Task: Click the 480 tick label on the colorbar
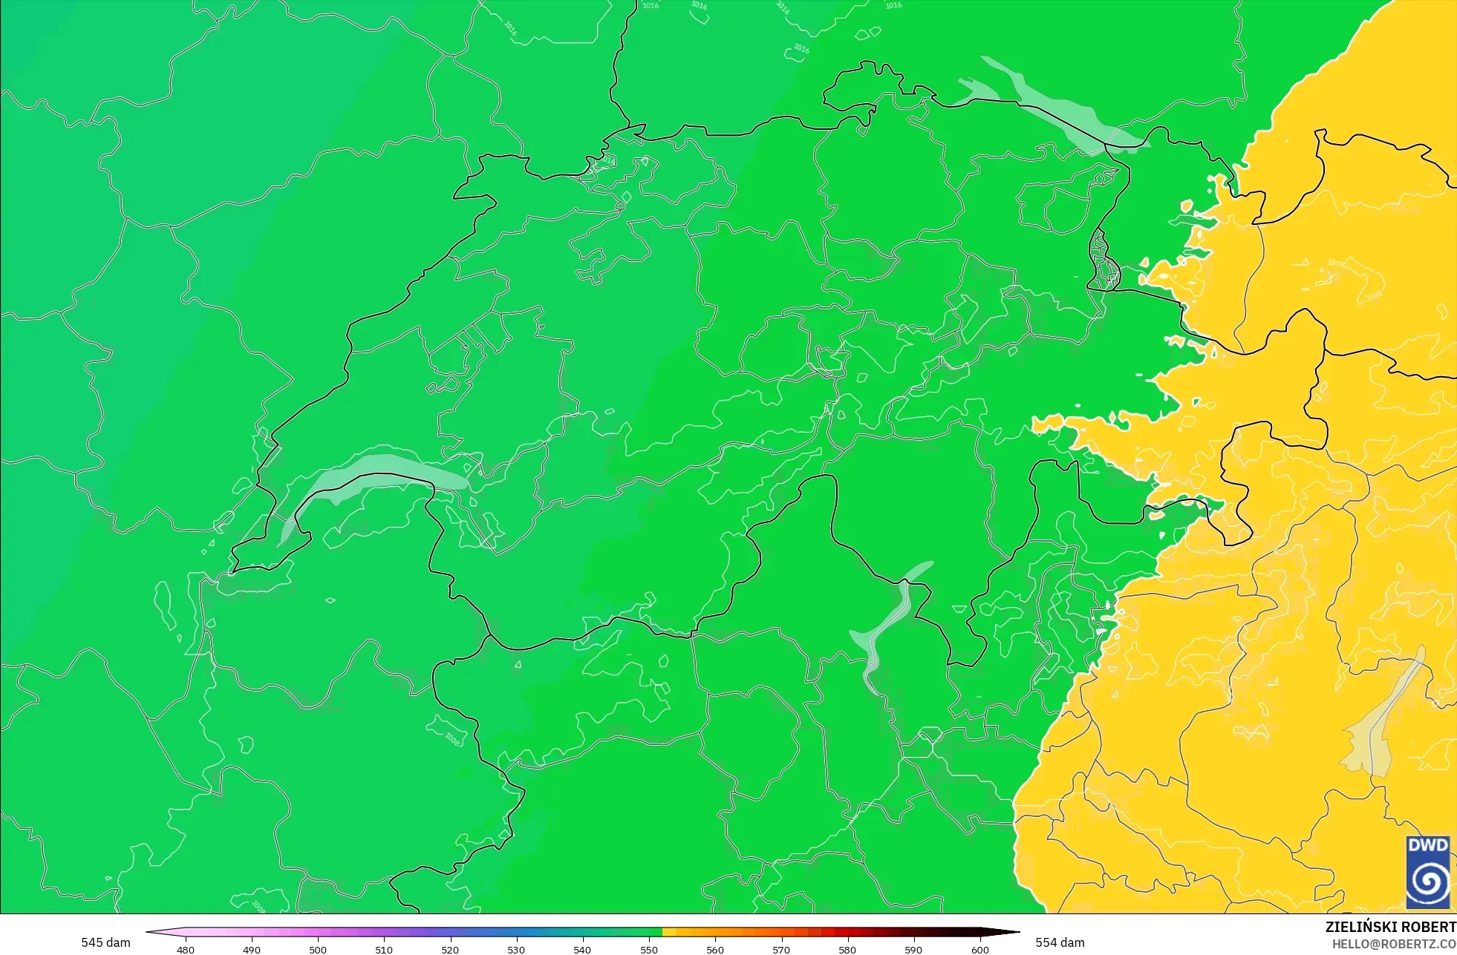pos(186,949)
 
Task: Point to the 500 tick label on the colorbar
pos(318,949)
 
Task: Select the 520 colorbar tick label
pos(450,949)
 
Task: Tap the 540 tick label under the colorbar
pos(582,949)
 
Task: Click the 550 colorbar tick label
pos(649,949)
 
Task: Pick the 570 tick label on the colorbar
pos(781,949)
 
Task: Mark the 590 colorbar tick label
pos(913,949)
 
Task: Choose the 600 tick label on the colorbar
pos(980,949)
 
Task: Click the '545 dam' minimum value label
pos(105,942)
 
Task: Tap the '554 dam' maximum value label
pos(1060,942)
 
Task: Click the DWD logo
pos(1428,872)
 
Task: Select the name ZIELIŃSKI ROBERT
pos(1390,927)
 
